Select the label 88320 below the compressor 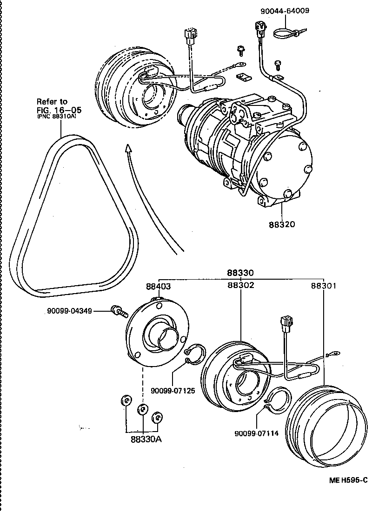point(281,224)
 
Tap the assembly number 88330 point(240,273)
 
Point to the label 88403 point(159,286)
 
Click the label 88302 point(240,285)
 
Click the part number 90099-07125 point(172,390)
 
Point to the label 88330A point(143,439)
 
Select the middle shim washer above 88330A point(143,409)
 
